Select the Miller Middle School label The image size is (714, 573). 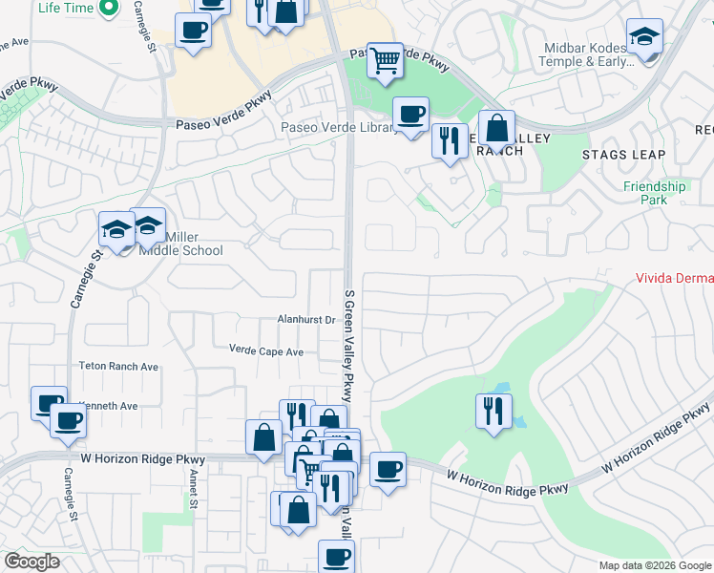[180, 244]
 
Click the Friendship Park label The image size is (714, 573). [654, 193]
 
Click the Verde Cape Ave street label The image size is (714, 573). [265, 351]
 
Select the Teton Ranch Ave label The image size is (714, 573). [118, 366]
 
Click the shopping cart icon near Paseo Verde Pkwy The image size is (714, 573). [385, 60]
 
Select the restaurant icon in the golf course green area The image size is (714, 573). [493, 411]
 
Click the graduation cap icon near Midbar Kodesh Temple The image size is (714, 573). [644, 37]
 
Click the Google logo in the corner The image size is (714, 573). [31, 562]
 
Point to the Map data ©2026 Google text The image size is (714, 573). [655, 565]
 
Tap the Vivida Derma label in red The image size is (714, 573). [675, 279]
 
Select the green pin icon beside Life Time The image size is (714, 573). [108, 9]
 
